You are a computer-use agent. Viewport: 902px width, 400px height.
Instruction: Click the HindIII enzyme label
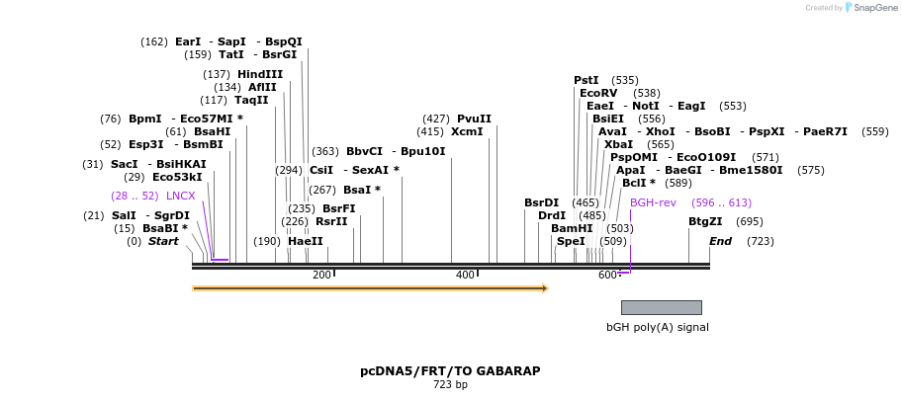point(259,74)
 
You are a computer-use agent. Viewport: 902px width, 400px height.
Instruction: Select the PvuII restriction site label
point(474,119)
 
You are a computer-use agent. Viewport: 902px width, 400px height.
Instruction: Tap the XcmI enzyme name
point(467,131)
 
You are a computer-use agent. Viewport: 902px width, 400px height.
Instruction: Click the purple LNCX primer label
point(180,196)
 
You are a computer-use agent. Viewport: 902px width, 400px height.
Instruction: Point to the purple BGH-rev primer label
point(653,202)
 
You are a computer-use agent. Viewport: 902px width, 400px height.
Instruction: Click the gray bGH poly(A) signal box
point(661,307)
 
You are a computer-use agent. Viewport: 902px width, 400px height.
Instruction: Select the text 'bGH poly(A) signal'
point(657,327)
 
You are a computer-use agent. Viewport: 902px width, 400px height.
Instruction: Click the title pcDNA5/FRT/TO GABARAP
point(450,371)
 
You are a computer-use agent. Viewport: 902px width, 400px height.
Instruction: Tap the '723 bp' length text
point(450,385)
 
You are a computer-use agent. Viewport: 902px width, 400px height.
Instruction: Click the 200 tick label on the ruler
point(321,275)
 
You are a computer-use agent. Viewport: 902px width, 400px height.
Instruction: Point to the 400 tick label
point(465,275)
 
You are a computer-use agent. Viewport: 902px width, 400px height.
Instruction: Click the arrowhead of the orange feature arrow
point(544,288)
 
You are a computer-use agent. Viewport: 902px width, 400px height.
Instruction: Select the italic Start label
point(163,241)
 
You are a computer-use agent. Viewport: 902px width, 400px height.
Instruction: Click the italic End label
point(720,241)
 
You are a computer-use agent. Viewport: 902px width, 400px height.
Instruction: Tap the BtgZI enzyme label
point(705,221)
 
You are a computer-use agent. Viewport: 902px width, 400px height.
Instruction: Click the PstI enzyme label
point(586,80)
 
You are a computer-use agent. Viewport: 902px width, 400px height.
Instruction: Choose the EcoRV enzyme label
point(598,93)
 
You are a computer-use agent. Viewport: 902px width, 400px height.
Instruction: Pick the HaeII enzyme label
point(306,241)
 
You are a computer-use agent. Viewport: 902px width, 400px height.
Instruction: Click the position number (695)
point(750,221)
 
